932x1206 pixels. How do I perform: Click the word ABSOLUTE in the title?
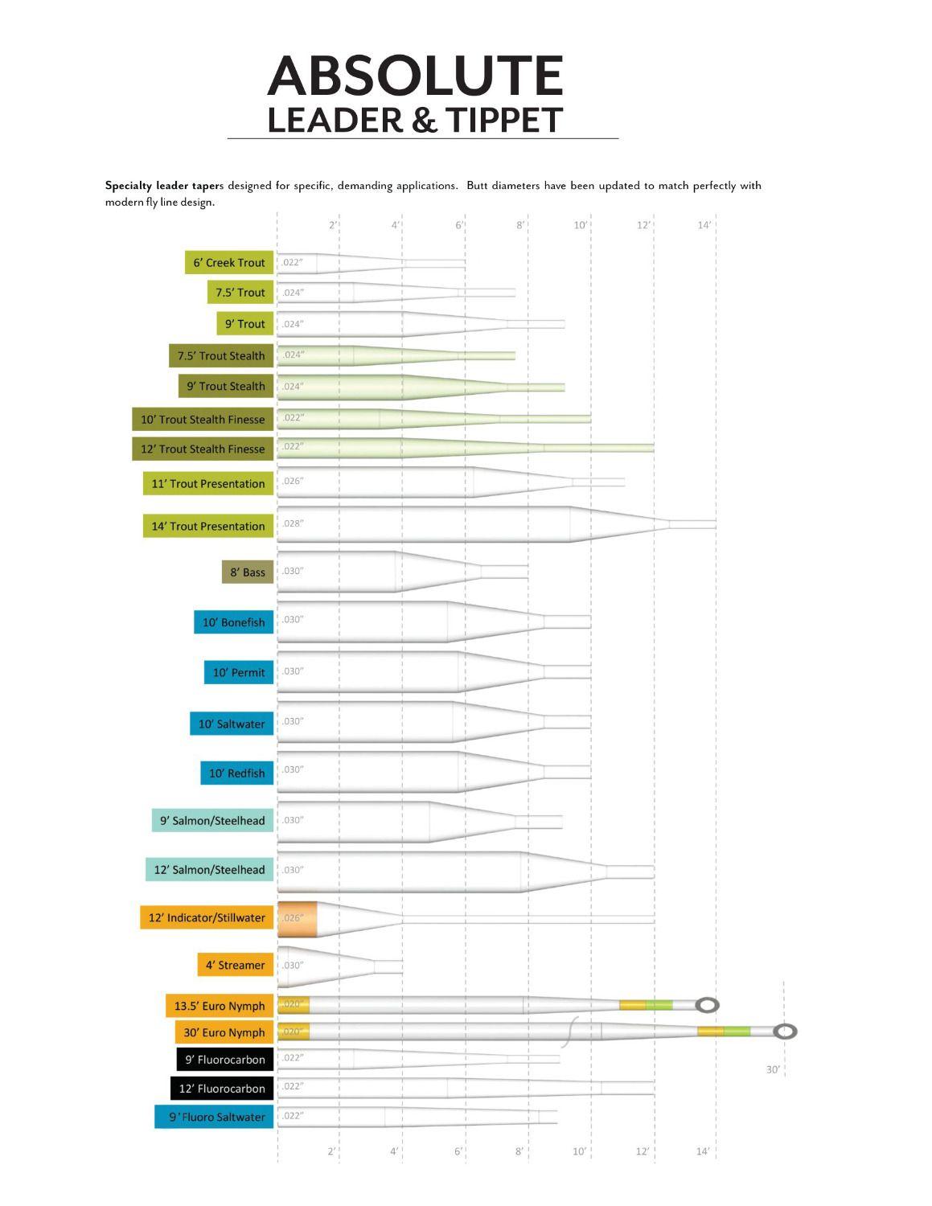[x=415, y=76]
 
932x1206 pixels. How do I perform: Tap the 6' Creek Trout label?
[x=229, y=262]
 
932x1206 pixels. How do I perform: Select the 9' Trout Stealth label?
[x=225, y=386]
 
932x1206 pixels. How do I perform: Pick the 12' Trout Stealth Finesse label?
[x=203, y=449]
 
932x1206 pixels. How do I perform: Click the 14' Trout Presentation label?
[x=208, y=526]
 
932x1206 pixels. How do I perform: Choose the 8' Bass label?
[x=247, y=572]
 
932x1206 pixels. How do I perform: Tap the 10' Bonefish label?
[x=233, y=622]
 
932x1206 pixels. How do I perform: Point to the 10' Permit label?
[x=239, y=672]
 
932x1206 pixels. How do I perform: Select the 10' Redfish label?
[x=236, y=773]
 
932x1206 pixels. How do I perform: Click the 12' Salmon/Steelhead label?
[x=209, y=869]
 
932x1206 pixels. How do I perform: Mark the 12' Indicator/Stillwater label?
[x=207, y=917]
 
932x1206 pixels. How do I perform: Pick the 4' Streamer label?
[x=235, y=965]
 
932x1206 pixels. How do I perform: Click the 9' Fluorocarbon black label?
[x=225, y=1060]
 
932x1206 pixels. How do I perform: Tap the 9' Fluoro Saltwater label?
[x=216, y=1117]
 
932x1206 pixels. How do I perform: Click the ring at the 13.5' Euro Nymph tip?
[x=708, y=1005]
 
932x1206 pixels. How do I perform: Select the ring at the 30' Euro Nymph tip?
[x=785, y=1032]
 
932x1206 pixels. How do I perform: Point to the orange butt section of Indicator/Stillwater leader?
[x=298, y=919]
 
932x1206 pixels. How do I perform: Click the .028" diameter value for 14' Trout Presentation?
[x=293, y=523]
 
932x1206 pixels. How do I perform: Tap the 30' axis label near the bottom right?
[x=773, y=1069]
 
